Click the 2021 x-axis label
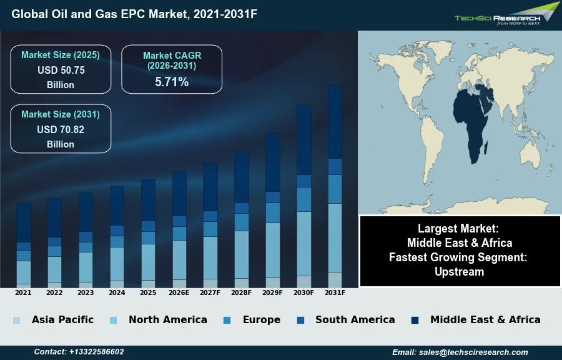(x=23, y=292)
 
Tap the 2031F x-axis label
(x=335, y=292)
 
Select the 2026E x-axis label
(x=179, y=292)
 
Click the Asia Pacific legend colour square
(x=16, y=320)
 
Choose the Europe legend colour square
(x=227, y=320)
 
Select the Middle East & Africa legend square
(x=415, y=320)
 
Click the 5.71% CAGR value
(x=172, y=82)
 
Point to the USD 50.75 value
(x=61, y=71)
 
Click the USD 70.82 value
(x=61, y=130)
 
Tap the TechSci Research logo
(x=506, y=14)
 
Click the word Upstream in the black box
(x=460, y=271)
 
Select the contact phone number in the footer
(x=79, y=352)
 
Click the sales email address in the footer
(x=460, y=352)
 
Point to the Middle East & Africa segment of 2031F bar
(x=335, y=122)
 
